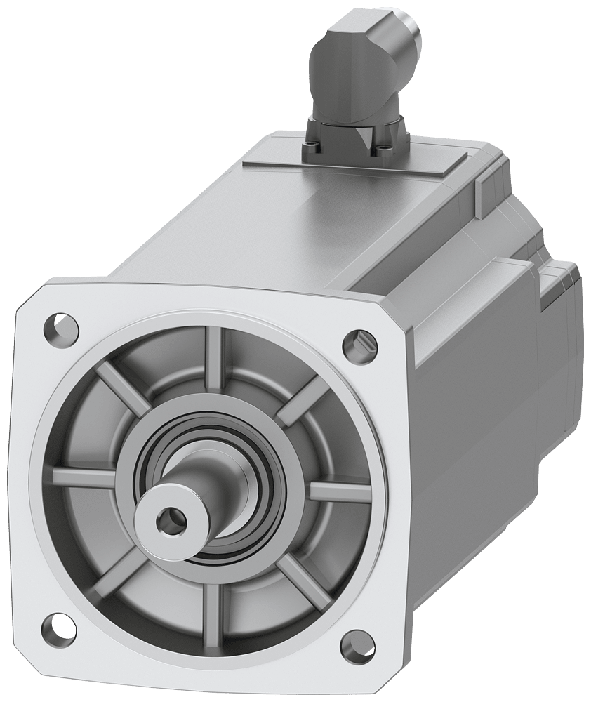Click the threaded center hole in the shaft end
tap(168, 520)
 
